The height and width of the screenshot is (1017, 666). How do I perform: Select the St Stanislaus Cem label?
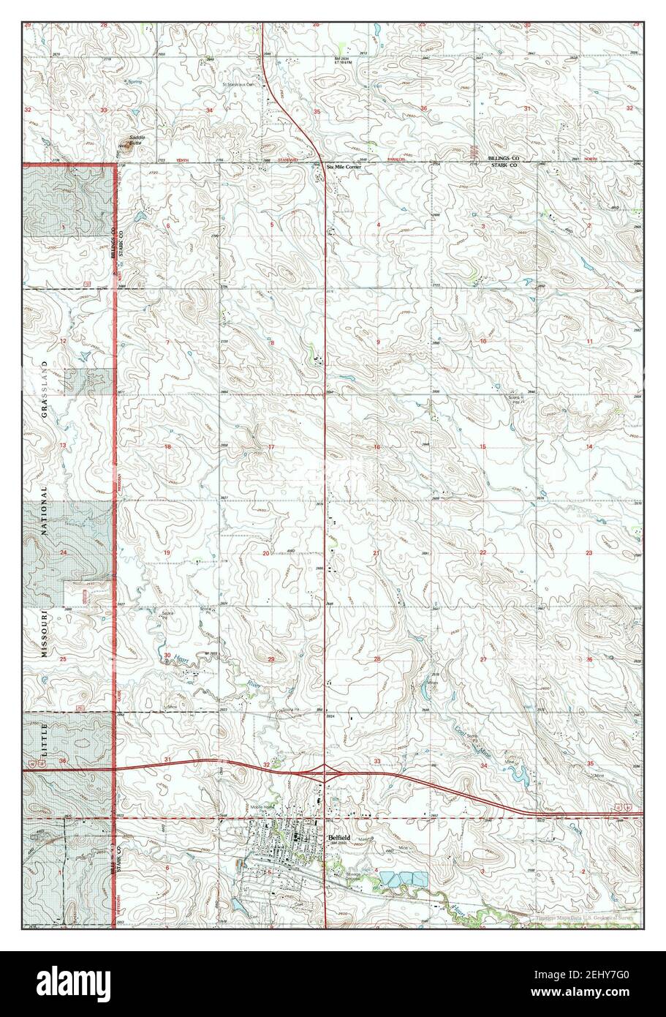coord(243,84)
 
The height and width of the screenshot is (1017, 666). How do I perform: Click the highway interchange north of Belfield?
coord(325,769)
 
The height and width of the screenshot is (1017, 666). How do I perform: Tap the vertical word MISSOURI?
coord(44,634)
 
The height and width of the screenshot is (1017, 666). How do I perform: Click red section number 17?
coord(271,447)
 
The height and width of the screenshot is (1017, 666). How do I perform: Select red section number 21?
coord(376,552)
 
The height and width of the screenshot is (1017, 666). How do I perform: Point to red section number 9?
coord(378,342)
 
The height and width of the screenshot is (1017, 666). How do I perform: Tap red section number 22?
coord(483,552)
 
